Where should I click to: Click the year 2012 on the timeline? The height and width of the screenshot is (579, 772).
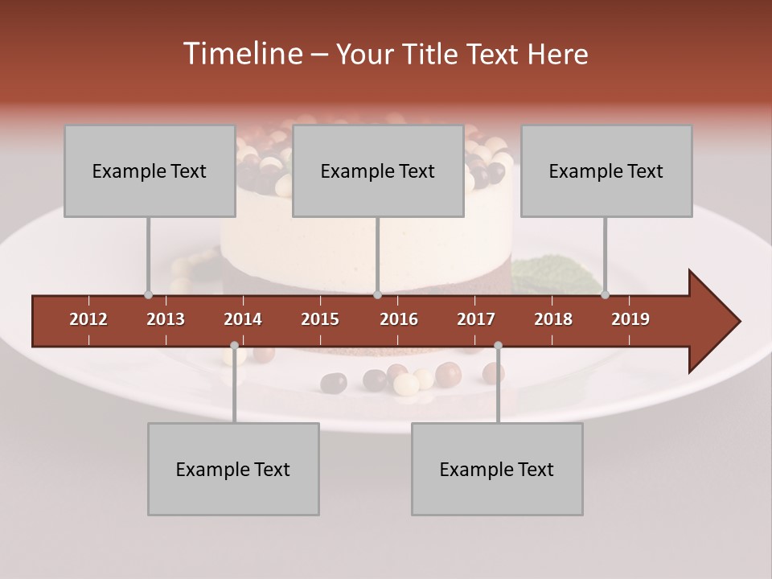88,319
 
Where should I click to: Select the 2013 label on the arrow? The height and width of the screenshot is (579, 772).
166,319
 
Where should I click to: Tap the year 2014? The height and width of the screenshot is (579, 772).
243,319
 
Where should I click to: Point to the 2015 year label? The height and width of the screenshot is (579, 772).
320,319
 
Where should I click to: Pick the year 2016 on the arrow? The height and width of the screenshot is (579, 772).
399,319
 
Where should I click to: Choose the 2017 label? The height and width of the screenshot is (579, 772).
476,319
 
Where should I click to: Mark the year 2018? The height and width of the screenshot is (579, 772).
553,319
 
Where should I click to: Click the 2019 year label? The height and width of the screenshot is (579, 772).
630,319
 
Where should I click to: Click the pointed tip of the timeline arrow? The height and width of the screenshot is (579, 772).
738,322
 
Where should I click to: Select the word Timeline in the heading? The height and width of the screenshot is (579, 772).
242,54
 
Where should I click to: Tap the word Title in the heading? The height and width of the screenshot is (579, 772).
433,54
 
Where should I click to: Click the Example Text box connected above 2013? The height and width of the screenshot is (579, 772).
150,170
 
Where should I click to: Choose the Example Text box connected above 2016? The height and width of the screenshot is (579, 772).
378,170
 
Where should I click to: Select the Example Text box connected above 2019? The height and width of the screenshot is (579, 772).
606,170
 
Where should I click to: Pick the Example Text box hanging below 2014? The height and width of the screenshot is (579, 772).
233,469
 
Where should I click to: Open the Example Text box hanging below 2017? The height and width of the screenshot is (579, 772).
497,469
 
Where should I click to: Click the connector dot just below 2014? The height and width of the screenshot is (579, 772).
234,346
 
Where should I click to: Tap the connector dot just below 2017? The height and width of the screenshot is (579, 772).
498,346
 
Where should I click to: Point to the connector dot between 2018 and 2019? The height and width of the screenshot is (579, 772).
605,294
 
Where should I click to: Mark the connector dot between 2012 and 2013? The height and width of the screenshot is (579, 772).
148,294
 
